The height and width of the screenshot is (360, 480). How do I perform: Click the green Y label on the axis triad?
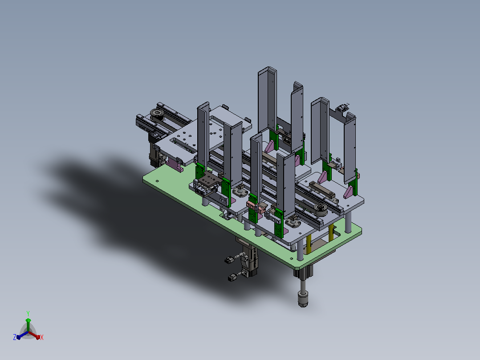28,313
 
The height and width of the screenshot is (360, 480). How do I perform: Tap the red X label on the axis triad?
42,337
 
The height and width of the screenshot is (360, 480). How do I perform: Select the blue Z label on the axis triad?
15,337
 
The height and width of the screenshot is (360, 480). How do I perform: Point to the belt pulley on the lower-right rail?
321,209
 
